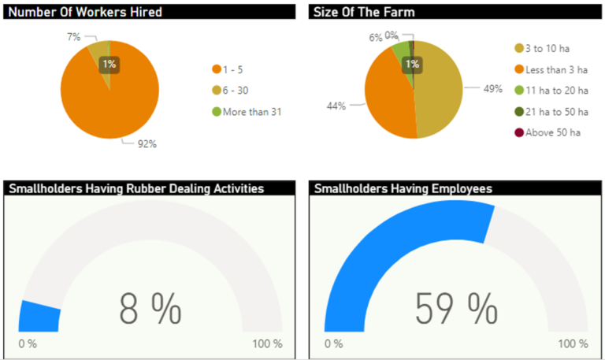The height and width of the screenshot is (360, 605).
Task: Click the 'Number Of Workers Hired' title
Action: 84,12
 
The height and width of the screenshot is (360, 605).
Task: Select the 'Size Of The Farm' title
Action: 364,12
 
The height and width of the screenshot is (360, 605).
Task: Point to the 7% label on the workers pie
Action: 72,37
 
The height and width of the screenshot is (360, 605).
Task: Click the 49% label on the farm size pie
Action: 492,89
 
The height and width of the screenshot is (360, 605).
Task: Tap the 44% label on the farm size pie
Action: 337,106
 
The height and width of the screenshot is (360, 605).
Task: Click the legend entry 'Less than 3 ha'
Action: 558,69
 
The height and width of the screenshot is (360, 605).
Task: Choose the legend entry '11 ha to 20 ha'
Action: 558,91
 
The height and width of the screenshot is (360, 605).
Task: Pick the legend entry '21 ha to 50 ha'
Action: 558,111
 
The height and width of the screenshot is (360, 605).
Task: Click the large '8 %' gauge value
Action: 150,308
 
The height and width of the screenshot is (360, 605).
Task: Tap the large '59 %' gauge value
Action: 456,308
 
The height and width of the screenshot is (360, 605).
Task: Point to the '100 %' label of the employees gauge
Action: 572,344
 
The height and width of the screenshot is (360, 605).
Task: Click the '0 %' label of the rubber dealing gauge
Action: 28,344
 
